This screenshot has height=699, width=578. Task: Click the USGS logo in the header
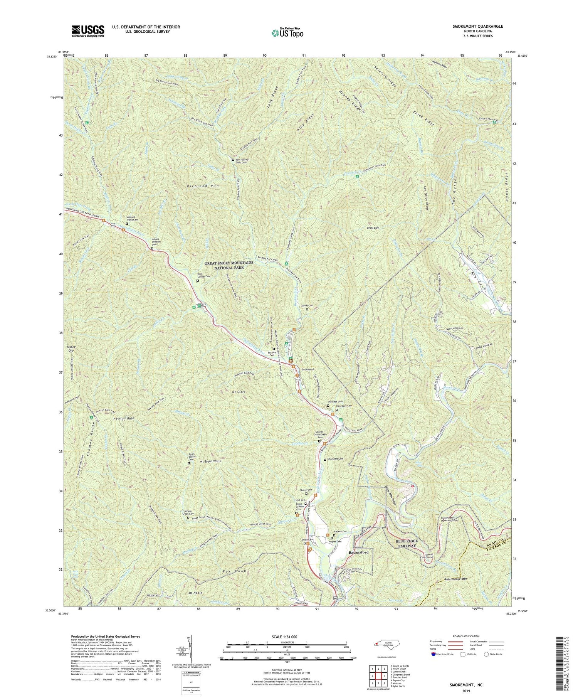[88, 31]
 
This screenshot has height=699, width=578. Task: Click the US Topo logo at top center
[287, 33]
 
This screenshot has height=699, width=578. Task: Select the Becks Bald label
[373, 228]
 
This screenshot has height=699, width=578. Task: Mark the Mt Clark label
[239, 392]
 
